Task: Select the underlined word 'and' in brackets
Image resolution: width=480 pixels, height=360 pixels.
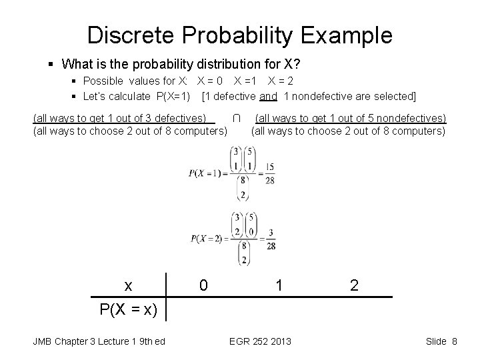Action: [268, 96]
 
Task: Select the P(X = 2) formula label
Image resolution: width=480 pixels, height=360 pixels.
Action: [208, 239]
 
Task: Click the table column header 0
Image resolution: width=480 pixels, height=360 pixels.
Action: [203, 285]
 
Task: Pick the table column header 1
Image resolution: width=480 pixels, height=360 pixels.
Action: [280, 285]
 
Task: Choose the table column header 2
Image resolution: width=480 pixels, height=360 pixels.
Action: [354, 285]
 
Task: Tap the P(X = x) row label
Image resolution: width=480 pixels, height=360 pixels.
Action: [128, 309]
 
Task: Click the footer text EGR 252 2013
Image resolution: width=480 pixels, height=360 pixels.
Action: [260, 342]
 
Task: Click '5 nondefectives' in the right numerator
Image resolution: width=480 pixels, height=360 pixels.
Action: [406, 118]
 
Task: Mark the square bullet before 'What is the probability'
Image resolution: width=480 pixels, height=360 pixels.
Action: [51, 65]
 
